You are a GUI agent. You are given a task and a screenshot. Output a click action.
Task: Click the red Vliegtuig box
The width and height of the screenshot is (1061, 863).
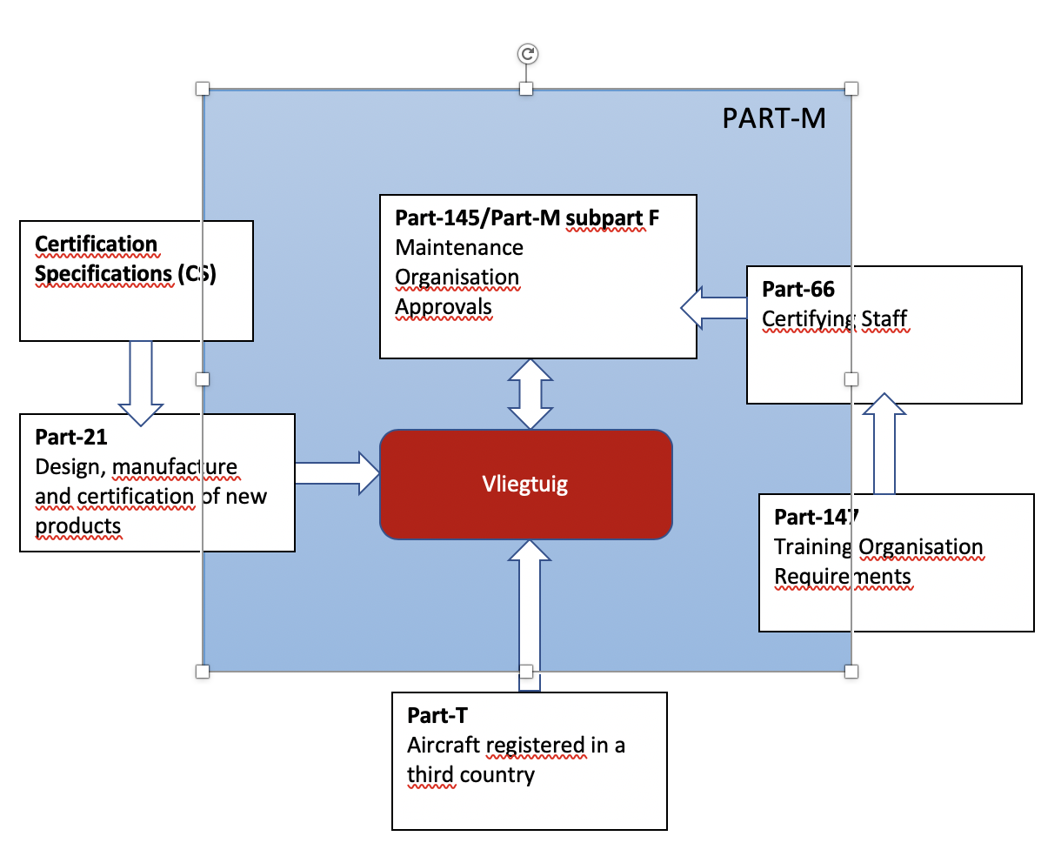click(x=525, y=484)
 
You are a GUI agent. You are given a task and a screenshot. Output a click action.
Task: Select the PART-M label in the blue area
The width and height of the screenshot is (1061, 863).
click(x=773, y=118)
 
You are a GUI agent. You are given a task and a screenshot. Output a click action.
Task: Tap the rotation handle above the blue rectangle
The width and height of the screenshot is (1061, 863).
click(x=527, y=54)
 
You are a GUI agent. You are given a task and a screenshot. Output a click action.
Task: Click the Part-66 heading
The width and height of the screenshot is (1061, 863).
click(x=797, y=290)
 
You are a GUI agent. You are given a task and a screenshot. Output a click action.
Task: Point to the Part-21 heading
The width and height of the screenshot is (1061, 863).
click(x=71, y=438)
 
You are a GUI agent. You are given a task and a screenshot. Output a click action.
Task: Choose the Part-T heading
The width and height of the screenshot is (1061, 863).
click(x=437, y=716)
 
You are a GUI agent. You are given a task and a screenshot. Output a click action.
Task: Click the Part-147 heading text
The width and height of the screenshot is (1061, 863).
click(x=816, y=518)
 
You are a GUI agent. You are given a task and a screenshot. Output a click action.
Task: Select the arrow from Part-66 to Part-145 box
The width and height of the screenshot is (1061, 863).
click(x=713, y=307)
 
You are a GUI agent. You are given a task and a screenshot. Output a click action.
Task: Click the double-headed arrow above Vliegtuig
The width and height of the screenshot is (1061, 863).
click(x=530, y=394)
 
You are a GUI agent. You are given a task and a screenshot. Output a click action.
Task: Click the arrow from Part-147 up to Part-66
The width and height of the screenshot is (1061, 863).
click(x=884, y=444)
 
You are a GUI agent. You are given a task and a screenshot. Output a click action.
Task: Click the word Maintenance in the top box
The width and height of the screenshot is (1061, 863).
click(x=459, y=248)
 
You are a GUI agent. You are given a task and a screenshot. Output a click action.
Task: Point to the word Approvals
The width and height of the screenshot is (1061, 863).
click(x=444, y=307)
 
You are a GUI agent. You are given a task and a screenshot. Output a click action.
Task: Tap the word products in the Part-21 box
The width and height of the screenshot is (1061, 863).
click(x=78, y=526)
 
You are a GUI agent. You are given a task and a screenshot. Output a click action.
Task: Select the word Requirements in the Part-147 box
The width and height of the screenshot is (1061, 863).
click(x=842, y=577)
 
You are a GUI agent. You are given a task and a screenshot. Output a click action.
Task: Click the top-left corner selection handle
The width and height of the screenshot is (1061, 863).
click(x=203, y=89)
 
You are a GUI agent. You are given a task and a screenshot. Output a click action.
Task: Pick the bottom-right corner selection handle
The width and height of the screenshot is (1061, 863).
click(x=851, y=671)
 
